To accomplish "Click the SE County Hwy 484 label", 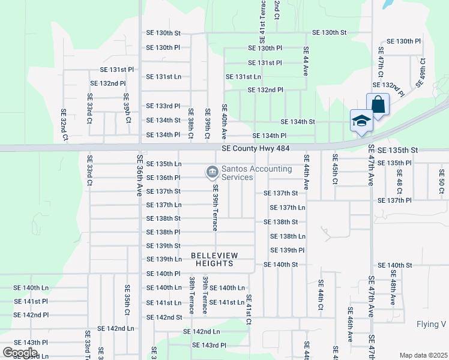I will coord(259,148).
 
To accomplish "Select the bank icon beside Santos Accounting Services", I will coord(211,173).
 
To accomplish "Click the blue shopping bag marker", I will coord(378,104).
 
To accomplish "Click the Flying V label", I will coord(431,325).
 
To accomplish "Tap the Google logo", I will coord(19,352).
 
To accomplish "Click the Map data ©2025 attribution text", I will coord(423,355).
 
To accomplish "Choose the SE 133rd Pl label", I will coord(163,106).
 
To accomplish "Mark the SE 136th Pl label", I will coord(163,178).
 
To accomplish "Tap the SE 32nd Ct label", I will coord(63,121).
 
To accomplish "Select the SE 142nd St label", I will coord(164,317).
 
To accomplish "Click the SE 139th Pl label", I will coord(288,250).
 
